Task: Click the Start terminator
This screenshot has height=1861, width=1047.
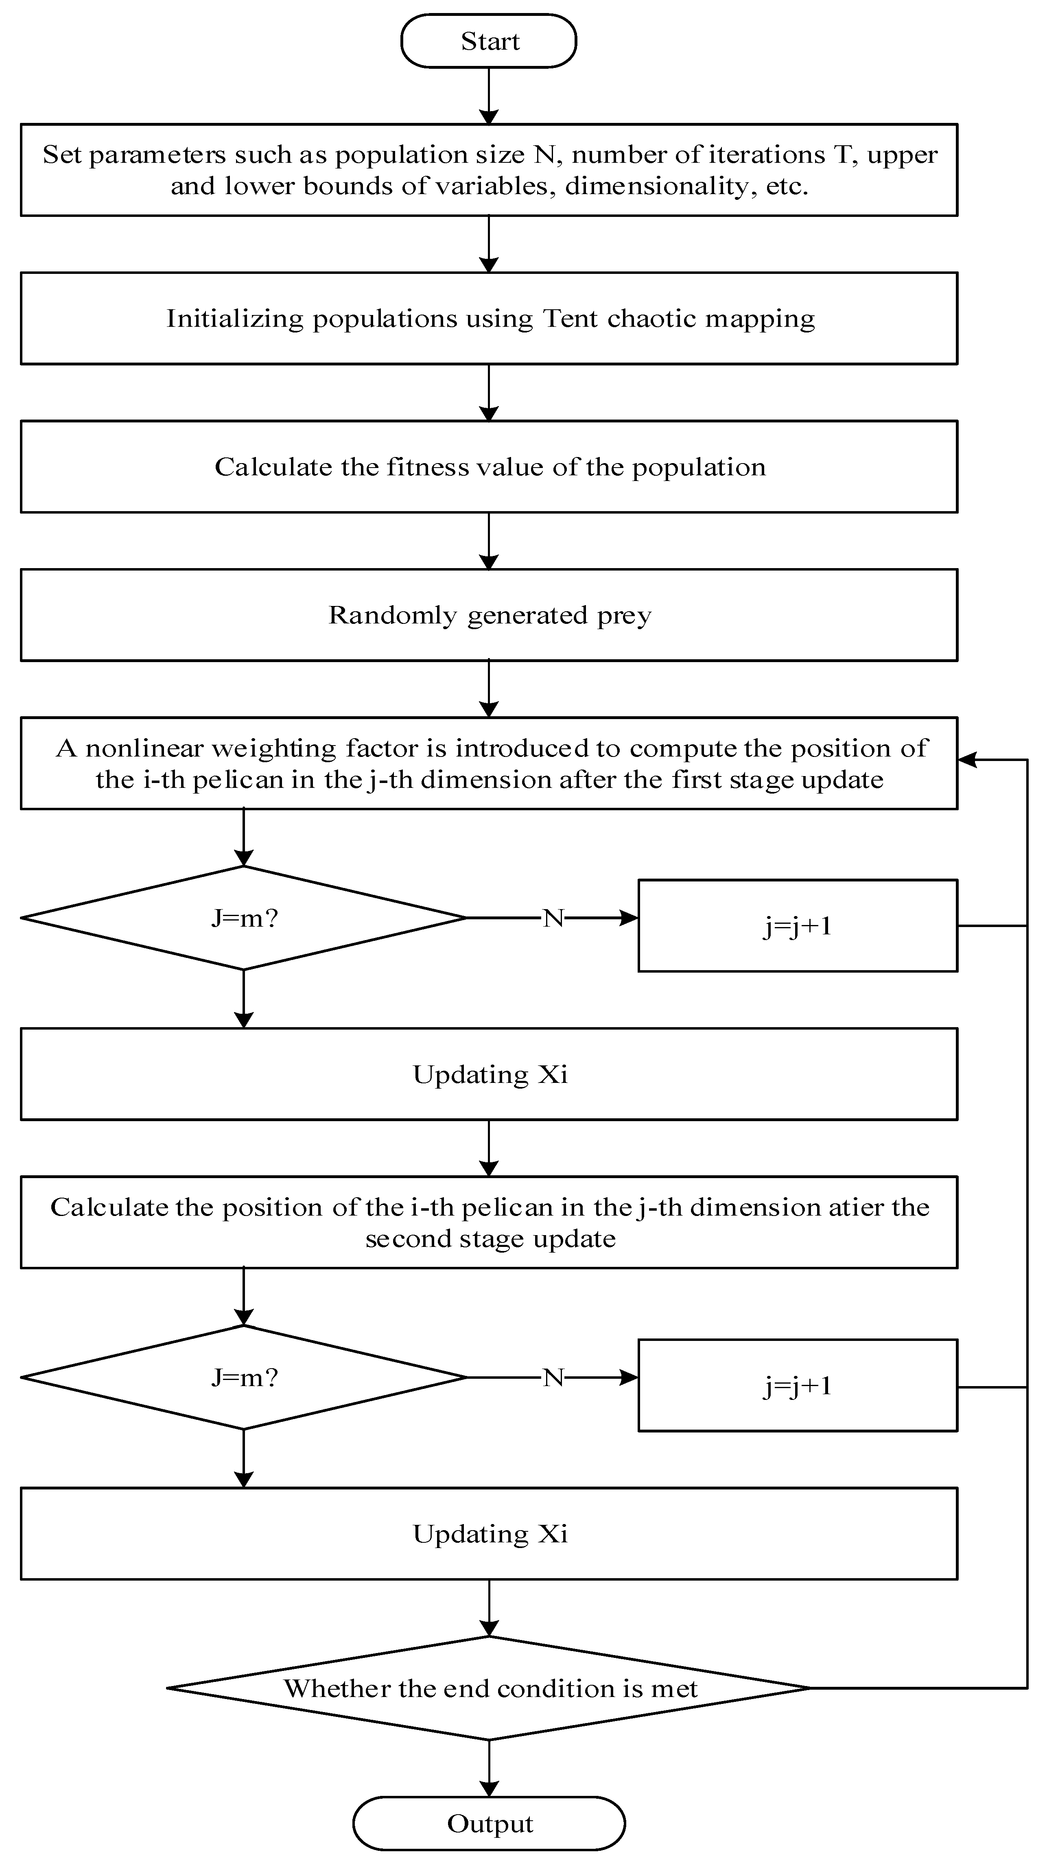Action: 489,41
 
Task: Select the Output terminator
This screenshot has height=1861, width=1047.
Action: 489,1824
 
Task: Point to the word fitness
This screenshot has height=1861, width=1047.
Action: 426,468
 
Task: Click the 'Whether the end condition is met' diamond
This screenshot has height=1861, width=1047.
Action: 489,1688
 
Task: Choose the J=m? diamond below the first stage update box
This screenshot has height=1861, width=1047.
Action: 244,918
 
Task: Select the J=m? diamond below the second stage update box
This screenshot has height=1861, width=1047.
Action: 244,1378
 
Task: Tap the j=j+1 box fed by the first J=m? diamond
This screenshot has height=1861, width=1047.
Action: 798,925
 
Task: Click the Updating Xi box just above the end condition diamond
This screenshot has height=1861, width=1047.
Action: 489,1534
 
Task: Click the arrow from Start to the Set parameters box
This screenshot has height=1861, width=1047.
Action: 489,96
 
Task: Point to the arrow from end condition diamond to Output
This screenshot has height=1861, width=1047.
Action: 489,1769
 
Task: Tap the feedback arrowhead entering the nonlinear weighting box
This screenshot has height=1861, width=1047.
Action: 967,760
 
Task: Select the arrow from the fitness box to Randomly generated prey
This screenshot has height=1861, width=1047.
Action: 489,541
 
